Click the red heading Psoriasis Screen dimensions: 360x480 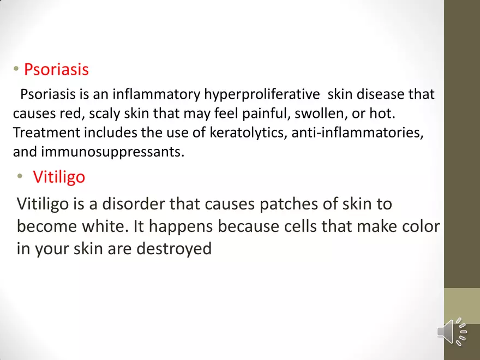[x=56, y=70]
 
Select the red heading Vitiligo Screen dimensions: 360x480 [x=59, y=177]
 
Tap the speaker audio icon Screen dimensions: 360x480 [x=452, y=331]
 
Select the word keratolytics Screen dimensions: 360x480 [x=245, y=133]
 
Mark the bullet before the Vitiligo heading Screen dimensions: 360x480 [x=20, y=177]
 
